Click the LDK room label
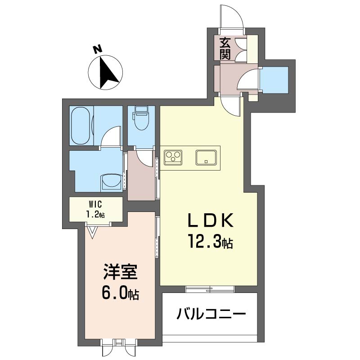[211, 220]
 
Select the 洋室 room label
[120, 272]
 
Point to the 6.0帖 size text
[120, 293]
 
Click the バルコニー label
[211, 313]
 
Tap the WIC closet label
[95, 204]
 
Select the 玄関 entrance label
[225, 49]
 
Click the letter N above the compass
[97, 49]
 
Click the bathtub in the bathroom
[81, 126]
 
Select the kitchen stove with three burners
[173, 157]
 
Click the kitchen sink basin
[206, 157]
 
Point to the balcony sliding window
[210, 289]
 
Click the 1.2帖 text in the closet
[95, 215]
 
